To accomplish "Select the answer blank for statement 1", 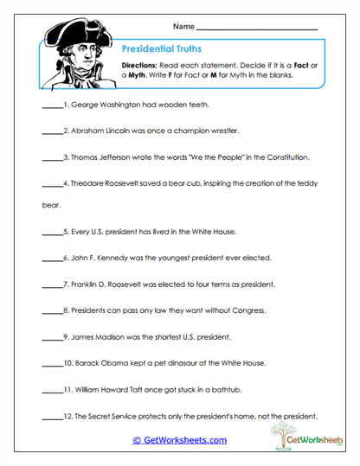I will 53,107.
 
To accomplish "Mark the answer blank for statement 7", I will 53,283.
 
